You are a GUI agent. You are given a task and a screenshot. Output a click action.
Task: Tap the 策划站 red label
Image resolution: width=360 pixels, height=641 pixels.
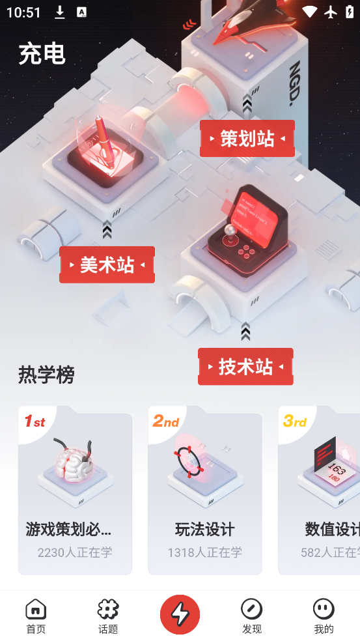click(x=247, y=139)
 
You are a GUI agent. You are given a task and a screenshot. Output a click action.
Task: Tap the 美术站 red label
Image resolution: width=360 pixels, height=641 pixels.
click(x=107, y=264)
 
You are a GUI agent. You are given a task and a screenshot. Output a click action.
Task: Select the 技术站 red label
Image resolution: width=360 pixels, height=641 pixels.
click(x=245, y=367)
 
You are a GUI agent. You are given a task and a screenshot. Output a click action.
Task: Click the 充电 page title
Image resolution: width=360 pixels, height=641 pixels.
click(x=42, y=53)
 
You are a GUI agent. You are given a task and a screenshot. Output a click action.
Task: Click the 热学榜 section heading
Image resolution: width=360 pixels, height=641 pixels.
click(x=46, y=375)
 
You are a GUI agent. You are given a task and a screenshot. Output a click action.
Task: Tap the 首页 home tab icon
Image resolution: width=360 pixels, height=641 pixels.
click(x=36, y=610)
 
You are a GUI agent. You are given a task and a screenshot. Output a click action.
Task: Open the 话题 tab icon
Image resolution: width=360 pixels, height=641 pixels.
click(x=108, y=610)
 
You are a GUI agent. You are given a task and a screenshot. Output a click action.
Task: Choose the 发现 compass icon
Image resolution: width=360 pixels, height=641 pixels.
click(x=251, y=610)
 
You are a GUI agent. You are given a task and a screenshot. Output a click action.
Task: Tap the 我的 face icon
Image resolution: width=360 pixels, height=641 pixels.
click(x=324, y=610)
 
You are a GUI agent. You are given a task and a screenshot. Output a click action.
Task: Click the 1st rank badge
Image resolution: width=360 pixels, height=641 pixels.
click(x=35, y=422)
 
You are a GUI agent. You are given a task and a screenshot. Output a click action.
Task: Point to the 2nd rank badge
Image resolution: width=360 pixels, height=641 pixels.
click(x=165, y=422)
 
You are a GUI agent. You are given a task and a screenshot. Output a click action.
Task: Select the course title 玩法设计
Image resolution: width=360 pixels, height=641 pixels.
click(x=204, y=529)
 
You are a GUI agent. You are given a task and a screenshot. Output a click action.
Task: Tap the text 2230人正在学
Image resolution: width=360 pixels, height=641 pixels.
click(x=75, y=552)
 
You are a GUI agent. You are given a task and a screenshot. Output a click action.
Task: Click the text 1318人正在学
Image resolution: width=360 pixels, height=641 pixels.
click(x=204, y=552)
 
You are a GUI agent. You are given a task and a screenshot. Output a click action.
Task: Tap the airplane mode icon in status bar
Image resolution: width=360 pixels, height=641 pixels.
click(x=330, y=12)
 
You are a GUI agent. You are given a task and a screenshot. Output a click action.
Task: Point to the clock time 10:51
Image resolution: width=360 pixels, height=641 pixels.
click(x=23, y=12)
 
